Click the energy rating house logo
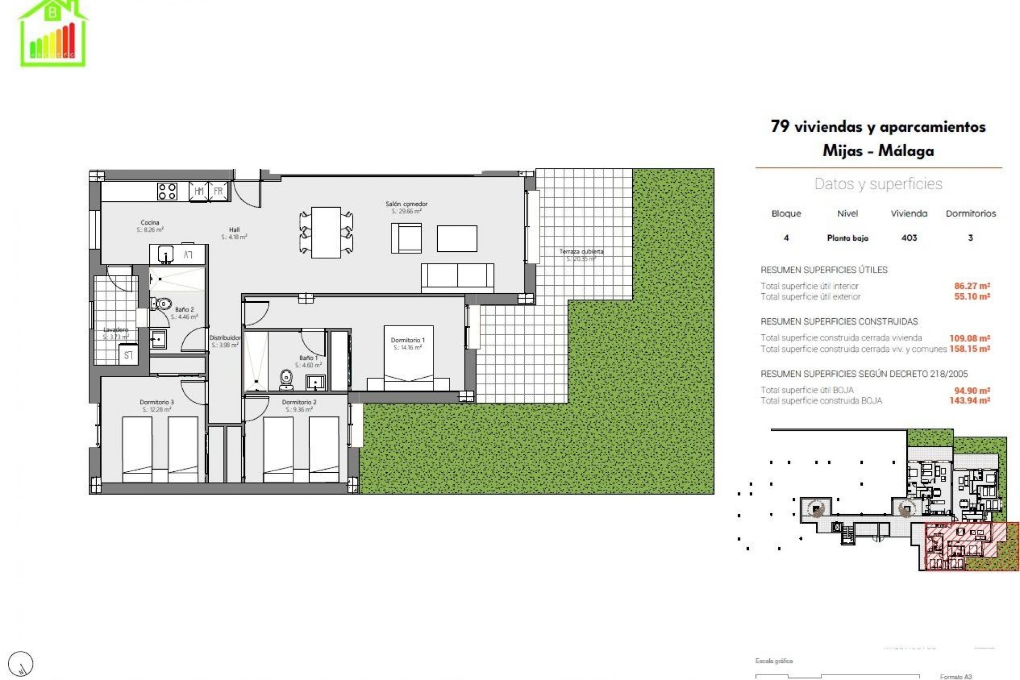tap(53, 33)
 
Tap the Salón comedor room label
tap(406, 204)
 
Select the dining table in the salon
tap(326, 233)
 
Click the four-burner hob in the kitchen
tap(167, 191)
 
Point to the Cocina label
tap(150, 223)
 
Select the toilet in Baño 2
tap(163, 304)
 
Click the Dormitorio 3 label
tap(157, 402)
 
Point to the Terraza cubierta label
tap(581, 251)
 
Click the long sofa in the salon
tap(457, 277)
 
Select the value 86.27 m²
tap(972, 286)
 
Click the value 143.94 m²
tap(970, 401)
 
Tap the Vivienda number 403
tap(909, 238)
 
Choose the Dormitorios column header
tap(971, 214)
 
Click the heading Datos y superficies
tap(878, 184)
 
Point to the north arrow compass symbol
tap(21, 664)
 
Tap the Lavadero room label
tap(115, 330)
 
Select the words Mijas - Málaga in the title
tap(878, 151)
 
